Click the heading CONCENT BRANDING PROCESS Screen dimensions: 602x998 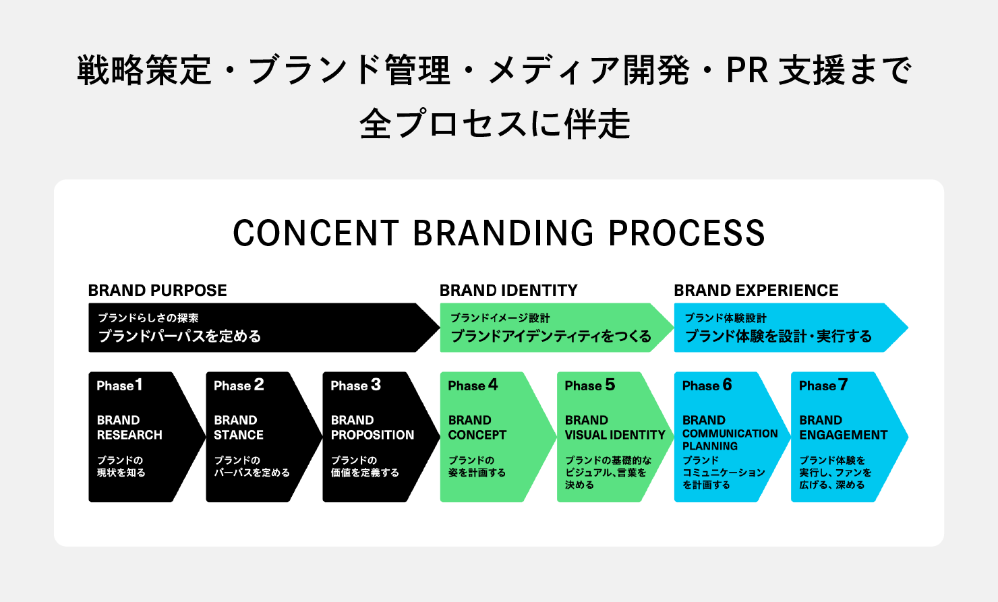click(x=499, y=233)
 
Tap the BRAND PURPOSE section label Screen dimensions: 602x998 click(x=157, y=291)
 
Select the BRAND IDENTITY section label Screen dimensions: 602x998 click(x=508, y=291)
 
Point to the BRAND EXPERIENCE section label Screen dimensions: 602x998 click(x=756, y=291)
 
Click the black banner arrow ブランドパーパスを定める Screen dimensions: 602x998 click(x=256, y=328)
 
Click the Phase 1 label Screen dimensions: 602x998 click(x=119, y=386)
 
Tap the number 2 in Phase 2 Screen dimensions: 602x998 click(x=259, y=384)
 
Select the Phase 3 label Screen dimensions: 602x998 click(x=355, y=386)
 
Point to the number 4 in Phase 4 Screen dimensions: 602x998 click(x=493, y=384)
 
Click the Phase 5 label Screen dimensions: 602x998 click(x=589, y=386)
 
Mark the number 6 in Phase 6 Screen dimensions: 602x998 click(x=727, y=384)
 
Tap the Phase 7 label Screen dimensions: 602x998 click(x=823, y=386)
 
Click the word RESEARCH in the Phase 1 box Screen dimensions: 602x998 click(x=129, y=435)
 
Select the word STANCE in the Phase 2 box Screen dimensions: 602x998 click(x=239, y=435)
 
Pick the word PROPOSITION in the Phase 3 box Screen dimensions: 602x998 click(x=372, y=435)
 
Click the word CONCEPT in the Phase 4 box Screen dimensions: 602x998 click(x=477, y=435)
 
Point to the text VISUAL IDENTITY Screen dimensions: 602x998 click(x=615, y=435)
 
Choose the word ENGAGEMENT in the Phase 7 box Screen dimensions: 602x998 click(x=844, y=435)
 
